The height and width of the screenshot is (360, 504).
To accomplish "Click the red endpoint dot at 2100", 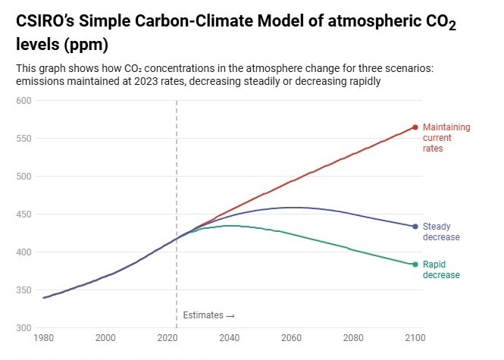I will (x=415, y=127).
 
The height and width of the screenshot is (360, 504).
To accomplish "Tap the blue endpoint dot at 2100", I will (x=415, y=227).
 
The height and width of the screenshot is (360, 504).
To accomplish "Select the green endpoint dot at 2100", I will (x=415, y=265).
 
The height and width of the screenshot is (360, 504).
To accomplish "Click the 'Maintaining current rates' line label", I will (x=446, y=138).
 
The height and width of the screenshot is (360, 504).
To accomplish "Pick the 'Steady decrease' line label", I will (x=441, y=232).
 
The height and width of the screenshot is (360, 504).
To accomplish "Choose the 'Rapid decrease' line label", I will (x=441, y=270).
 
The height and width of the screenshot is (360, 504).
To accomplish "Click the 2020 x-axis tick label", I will (x=167, y=337).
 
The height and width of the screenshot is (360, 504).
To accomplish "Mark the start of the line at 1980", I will (x=43, y=298).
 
